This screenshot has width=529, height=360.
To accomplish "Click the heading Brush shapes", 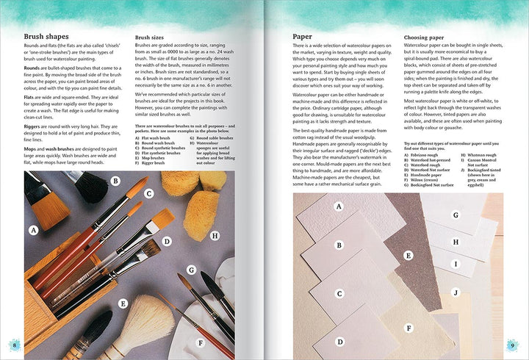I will (x=46, y=36).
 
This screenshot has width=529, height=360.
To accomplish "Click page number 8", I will (x=12, y=345).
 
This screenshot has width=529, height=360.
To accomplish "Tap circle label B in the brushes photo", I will (x=115, y=180).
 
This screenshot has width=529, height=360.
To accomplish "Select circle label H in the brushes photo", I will (x=215, y=236).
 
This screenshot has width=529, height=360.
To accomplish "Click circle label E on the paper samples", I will (x=409, y=256).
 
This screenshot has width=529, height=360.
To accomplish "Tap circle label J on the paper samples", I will (x=456, y=292).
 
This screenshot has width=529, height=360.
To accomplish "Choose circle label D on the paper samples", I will (x=339, y=341).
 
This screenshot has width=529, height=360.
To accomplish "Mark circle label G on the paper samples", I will (x=456, y=215).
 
